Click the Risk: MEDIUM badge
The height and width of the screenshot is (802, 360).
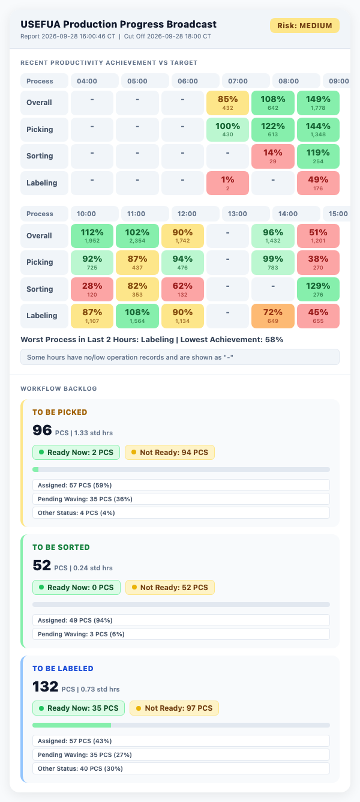point(305,25)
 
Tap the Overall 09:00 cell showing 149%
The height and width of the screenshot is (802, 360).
point(318,103)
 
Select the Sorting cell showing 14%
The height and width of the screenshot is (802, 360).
point(272,157)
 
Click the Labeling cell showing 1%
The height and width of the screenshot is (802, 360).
point(227,183)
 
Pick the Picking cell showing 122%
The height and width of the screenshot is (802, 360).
point(272,130)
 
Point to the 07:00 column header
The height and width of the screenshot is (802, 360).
point(246,81)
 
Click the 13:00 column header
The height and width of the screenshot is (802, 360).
point(246,214)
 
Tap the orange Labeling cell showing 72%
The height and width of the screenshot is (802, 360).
point(272,316)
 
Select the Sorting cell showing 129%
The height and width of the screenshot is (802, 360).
point(318,289)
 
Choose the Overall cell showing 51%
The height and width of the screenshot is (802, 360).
point(318,236)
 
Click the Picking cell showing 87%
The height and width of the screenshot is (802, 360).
point(137,262)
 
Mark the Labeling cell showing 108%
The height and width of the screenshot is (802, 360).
point(137,316)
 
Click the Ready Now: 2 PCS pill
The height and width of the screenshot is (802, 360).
point(76,452)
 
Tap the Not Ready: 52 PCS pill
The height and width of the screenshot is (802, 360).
point(170,587)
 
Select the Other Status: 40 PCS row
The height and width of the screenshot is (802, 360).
point(181,768)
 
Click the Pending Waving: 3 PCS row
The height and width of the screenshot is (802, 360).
point(181,634)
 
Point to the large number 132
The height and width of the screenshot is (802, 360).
point(46,686)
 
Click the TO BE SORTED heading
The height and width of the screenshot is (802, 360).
point(61,547)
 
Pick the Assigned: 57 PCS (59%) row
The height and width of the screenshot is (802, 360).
point(181,485)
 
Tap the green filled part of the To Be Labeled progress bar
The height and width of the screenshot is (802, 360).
point(71,725)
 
